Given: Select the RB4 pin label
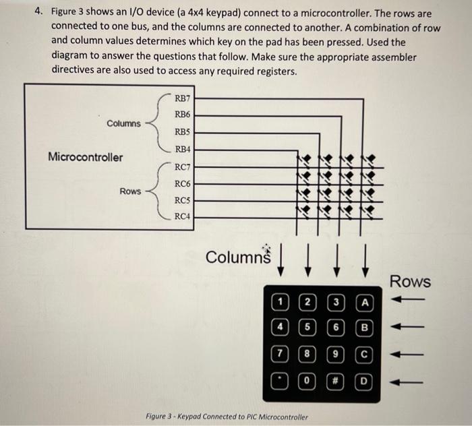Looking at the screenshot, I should pyautogui.click(x=182, y=149).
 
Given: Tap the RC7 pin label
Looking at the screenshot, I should pyautogui.click(x=182, y=167).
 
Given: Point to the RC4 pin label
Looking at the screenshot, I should pyautogui.click(x=182, y=216).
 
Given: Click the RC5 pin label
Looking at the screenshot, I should pyautogui.click(x=182, y=200).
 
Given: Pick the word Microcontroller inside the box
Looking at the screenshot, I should pyautogui.click(x=86, y=157).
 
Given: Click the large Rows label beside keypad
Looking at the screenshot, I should pyautogui.click(x=411, y=281).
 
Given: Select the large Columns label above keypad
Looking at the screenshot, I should pyautogui.click(x=237, y=257).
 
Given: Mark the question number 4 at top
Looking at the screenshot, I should pyautogui.click(x=39, y=13).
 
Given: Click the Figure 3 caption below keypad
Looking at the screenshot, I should pyautogui.click(x=227, y=417).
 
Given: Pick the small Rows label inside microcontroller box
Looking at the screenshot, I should pyautogui.click(x=131, y=191).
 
